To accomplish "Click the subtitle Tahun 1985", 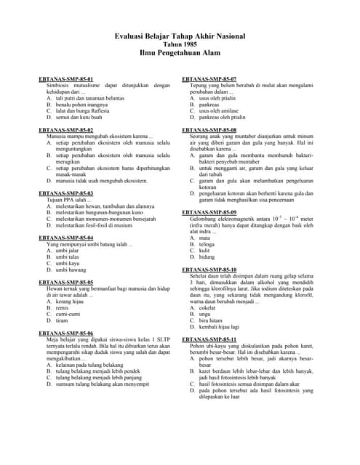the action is pyautogui.click(x=180, y=44).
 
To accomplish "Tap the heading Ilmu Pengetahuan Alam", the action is pyautogui.click(x=180, y=53).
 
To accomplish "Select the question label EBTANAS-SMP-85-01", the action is pyautogui.click(x=66, y=78).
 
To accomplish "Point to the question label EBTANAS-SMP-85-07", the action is pyautogui.click(x=209, y=78).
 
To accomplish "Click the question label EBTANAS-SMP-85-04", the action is pyautogui.click(x=66, y=238).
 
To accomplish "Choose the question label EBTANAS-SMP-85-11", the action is pyautogui.click(x=209, y=339).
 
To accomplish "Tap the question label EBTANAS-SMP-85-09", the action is pyautogui.click(x=209, y=211).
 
